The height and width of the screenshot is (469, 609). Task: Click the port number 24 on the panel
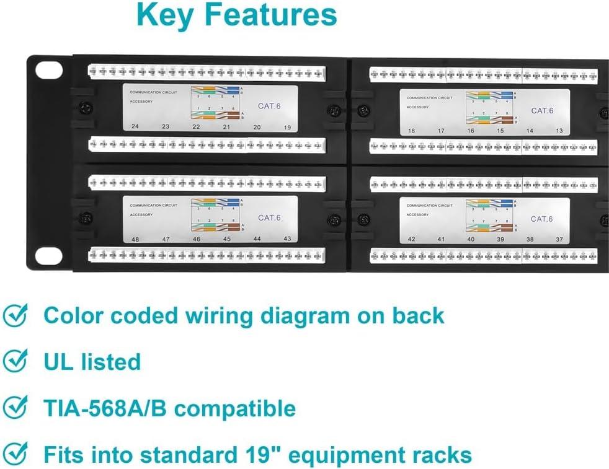point(135,126)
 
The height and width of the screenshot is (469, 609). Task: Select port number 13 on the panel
point(559,131)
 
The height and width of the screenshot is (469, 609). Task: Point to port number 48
point(135,239)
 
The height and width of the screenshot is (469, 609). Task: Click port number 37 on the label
point(559,239)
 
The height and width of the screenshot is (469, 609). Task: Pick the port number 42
point(412,239)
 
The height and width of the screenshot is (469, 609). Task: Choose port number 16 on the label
point(471,131)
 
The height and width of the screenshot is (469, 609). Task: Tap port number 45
point(226,239)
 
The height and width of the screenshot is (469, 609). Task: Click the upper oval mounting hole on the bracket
point(49,70)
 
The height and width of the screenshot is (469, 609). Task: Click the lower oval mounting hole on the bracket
point(49,256)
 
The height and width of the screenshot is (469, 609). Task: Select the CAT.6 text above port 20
point(269,107)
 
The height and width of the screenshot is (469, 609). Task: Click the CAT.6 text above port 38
point(542,219)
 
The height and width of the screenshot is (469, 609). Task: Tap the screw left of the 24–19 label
point(86,109)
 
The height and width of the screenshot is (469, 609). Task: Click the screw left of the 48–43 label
point(86,219)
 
